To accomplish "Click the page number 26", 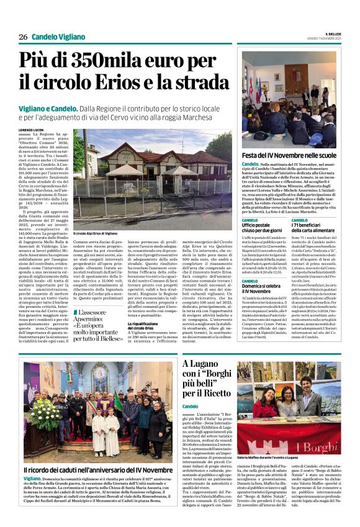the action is pyautogui.click(x=22, y=37).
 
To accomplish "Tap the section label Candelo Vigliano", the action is pyautogui.click(x=58, y=37).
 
